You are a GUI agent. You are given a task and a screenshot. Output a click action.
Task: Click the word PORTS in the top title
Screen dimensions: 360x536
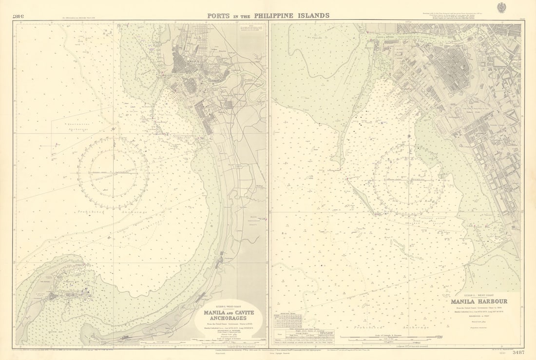pos(218,16)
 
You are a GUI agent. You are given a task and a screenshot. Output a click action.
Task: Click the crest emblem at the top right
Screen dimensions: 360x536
pos(501,7)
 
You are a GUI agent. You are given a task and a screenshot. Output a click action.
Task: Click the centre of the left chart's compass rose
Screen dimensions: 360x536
pos(113,173)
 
